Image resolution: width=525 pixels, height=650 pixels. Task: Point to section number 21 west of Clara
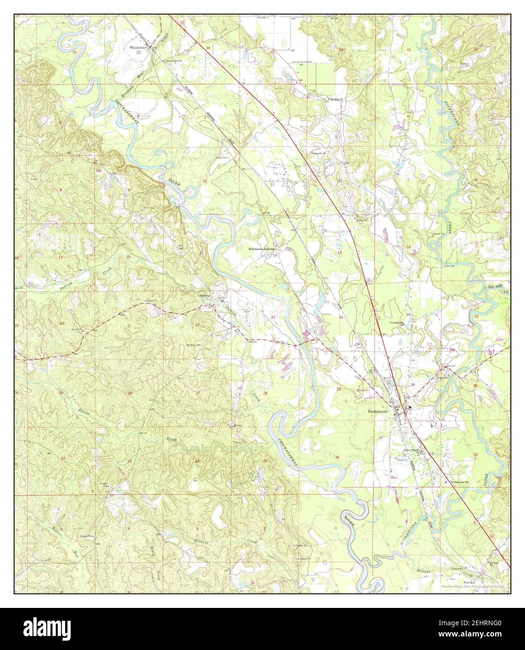[129, 325]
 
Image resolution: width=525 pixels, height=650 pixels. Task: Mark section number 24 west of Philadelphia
[341, 317]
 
